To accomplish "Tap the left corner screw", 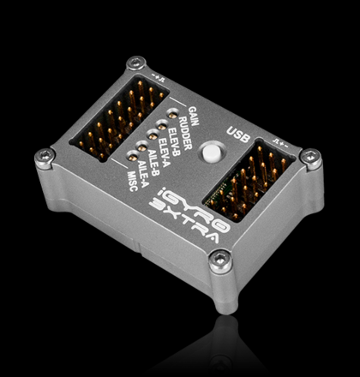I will click(x=44, y=155).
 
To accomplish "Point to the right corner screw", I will click(x=311, y=159).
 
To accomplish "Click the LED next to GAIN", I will click(x=173, y=112).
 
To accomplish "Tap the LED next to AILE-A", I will click(x=131, y=153).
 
